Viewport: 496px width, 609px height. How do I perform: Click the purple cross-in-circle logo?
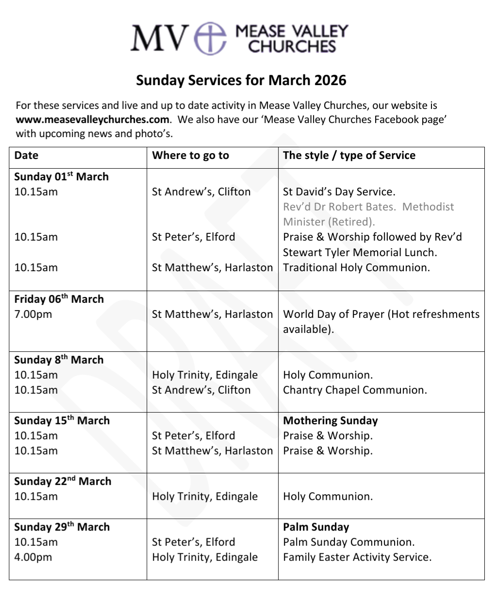point(210,38)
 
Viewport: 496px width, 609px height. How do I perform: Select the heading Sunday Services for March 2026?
point(241,80)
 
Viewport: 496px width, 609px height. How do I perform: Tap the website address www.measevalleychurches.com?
point(93,120)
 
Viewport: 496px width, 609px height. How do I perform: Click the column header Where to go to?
point(190,156)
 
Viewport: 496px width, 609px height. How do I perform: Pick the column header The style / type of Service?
point(349,156)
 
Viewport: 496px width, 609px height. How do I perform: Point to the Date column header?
point(26,156)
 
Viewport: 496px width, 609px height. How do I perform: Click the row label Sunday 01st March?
point(61,176)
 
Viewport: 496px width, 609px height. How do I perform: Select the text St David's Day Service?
point(339,192)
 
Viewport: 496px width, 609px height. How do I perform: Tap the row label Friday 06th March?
point(59,299)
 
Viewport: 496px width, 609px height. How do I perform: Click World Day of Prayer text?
point(334,314)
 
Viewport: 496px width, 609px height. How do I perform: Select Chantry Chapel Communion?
point(355,390)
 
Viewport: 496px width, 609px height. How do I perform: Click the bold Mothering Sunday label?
point(331,421)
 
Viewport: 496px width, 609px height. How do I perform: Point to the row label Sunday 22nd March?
point(63,481)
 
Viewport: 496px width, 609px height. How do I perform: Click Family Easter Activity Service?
point(357,557)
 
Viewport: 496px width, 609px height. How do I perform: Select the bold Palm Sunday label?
point(316,527)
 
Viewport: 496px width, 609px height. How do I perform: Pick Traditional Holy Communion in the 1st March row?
point(356,268)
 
